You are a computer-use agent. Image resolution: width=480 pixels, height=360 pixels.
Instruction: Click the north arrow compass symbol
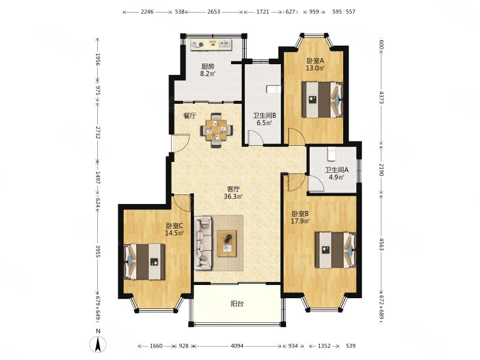[x=98, y=343]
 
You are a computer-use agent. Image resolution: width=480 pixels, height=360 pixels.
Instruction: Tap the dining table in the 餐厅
[x=217, y=130]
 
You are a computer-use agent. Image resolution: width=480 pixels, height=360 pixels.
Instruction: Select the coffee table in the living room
[x=227, y=243]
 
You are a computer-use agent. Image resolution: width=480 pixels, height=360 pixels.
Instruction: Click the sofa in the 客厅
[x=203, y=243]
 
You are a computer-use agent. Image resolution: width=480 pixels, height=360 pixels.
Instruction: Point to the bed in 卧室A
[x=322, y=100]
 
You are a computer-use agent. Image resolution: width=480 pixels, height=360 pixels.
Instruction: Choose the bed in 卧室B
[x=335, y=250]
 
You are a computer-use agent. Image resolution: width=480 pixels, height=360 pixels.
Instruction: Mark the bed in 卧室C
[x=145, y=262]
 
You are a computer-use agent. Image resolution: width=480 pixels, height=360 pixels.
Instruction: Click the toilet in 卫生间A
[x=332, y=154]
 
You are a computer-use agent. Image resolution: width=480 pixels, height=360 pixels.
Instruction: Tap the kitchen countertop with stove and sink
[x=211, y=44]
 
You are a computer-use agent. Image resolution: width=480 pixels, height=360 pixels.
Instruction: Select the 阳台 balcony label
[x=237, y=304]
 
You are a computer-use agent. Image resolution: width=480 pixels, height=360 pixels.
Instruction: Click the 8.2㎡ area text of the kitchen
[x=208, y=74]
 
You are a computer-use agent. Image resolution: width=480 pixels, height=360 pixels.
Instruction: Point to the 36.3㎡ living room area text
[x=233, y=197]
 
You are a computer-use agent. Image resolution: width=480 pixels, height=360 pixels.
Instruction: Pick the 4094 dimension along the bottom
[x=237, y=346]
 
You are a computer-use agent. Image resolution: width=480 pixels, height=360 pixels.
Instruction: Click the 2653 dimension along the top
[x=214, y=12]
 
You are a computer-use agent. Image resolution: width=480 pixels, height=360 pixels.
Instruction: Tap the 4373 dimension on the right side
[x=382, y=97]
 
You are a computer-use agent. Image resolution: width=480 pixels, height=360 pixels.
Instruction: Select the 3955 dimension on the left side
[x=98, y=251]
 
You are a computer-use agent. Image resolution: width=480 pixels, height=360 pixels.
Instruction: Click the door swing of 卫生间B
[x=256, y=137]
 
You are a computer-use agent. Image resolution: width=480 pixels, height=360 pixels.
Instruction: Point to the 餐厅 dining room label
[x=190, y=116]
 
